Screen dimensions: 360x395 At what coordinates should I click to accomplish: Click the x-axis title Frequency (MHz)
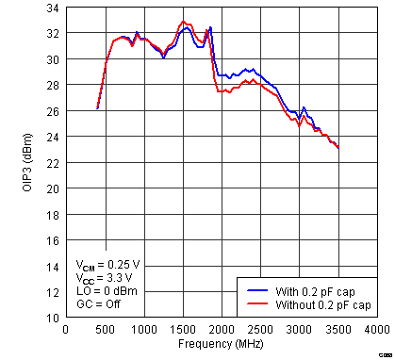pyautogui.click(x=220, y=344)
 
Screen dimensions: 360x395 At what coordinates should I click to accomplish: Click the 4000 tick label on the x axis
pyautogui.click(x=376, y=330)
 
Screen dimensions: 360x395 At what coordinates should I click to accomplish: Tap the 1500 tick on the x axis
pyautogui.click(x=182, y=330)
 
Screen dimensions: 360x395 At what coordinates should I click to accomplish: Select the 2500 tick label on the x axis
pyautogui.click(x=260, y=330)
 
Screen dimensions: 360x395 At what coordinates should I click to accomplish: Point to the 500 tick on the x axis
pyautogui.click(x=104, y=330)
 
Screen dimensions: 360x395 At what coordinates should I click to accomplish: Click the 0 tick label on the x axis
pyautogui.click(x=65, y=330)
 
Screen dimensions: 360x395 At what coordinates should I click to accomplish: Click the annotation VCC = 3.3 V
pyautogui.click(x=105, y=279)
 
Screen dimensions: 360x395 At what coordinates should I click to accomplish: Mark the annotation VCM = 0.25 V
pyautogui.click(x=108, y=266)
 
